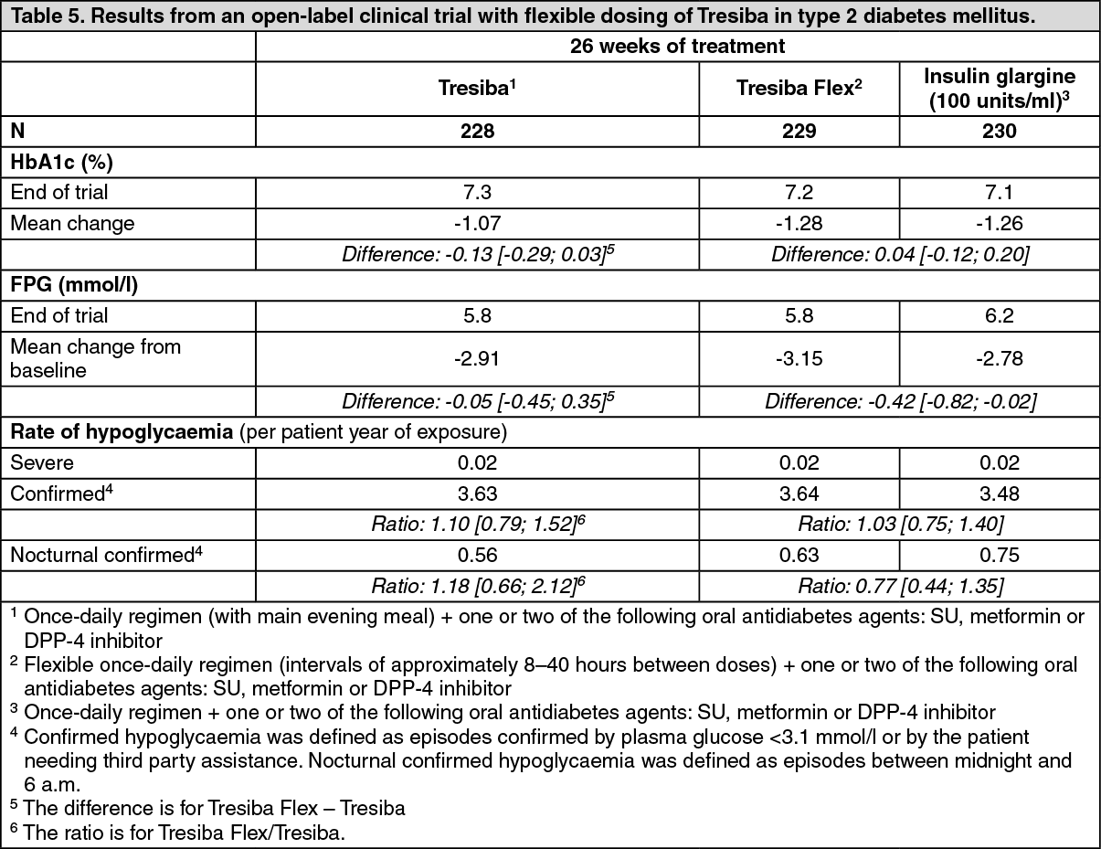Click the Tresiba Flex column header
(799, 89)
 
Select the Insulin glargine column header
(999, 89)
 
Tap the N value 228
(477, 131)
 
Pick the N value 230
(999, 131)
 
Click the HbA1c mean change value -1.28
(799, 222)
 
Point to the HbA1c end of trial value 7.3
(477, 192)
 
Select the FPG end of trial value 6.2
(999, 316)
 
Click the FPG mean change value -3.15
(799, 357)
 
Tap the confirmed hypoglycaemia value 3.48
(999, 494)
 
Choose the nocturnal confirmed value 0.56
(477, 555)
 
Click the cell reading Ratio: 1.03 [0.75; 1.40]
(900, 525)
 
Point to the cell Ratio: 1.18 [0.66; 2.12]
(476, 585)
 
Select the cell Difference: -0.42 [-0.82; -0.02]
(900, 400)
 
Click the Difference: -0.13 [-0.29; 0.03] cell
(476, 252)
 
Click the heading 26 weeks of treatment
(677, 46)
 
